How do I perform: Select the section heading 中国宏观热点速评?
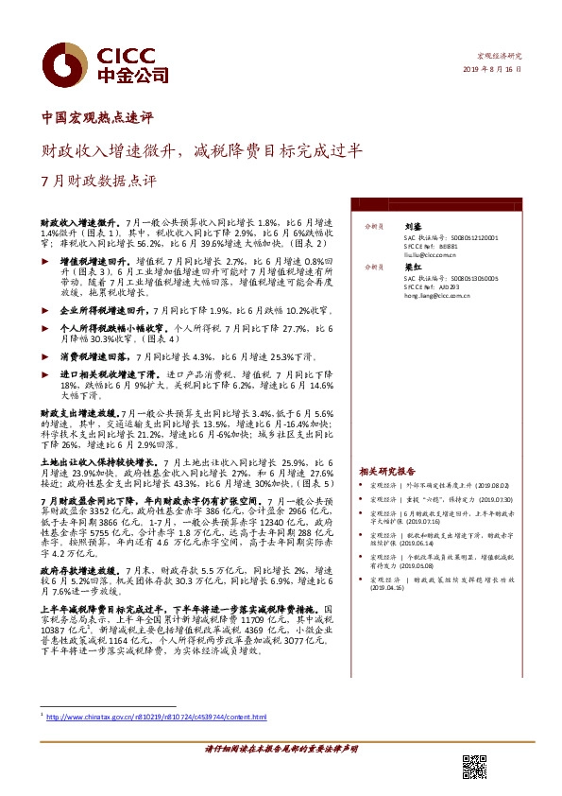click(98, 119)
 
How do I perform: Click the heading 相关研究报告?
click(387, 470)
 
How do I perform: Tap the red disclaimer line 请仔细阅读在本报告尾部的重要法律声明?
click(281, 748)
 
